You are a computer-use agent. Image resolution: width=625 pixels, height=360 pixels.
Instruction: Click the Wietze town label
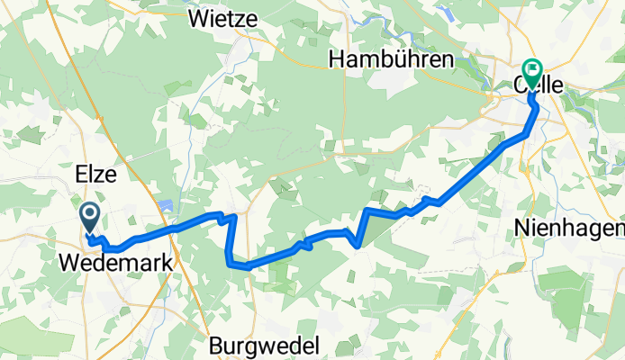[x=223, y=17]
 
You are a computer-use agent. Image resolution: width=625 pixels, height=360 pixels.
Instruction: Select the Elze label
[x=96, y=175]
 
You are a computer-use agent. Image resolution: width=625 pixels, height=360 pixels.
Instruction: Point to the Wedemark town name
[x=118, y=264]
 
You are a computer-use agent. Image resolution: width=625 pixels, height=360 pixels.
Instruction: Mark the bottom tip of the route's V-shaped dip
[x=358, y=244]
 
